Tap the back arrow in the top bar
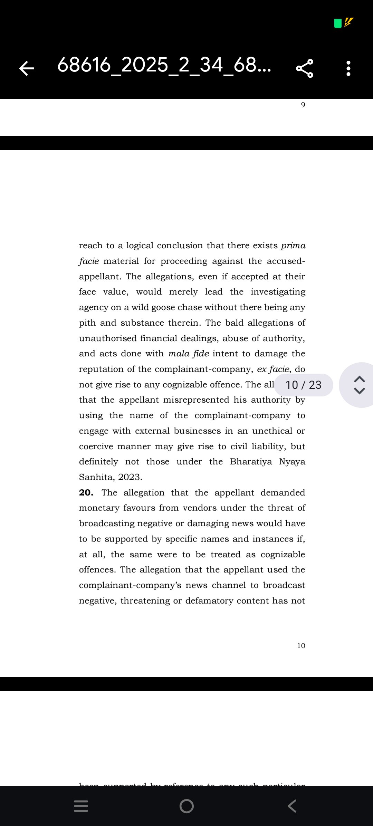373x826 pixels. coord(27,68)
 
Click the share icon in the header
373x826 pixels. coord(305,68)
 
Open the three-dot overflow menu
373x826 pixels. coord(348,68)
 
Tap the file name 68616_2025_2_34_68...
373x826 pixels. coord(164,65)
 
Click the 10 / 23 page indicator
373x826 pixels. coord(304,385)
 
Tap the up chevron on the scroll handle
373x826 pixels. coord(360,379)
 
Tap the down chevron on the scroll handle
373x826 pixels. coord(360,391)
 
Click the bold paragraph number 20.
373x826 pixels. coord(86,492)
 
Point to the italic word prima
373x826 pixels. coord(293,246)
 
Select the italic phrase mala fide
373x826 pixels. coord(189,354)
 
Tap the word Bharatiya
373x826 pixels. coord(251,462)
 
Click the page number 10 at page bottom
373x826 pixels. coord(301,646)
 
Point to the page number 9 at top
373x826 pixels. coord(303,105)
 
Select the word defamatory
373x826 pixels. coord(209,601)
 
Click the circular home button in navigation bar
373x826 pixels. coord(186,806)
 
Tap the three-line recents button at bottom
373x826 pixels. coord(81,806)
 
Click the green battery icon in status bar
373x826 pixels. coord(338,23)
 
